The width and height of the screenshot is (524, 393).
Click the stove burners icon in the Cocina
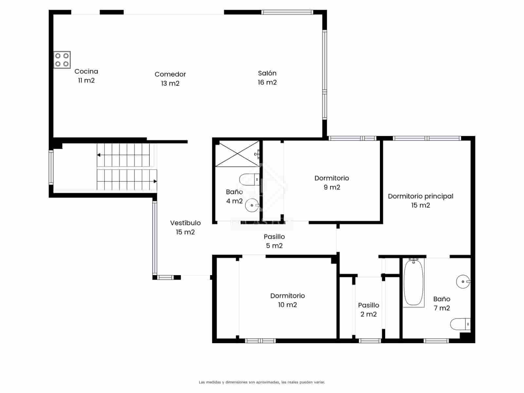tap(62, 60)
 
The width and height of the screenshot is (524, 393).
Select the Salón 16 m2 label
tap(267, 78)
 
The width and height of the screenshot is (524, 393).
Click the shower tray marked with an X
tap(237, 154)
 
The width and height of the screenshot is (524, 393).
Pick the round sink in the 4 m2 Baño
tap(252, 205)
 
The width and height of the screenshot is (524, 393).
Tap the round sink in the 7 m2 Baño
tap(463, 281)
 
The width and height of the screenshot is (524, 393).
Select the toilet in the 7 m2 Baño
tap(460, 324)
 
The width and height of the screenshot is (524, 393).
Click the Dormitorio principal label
tap(421, 200)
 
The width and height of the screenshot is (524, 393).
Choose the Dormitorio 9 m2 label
tap(331, 182)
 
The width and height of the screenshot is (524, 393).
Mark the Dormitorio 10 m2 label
tap(287, 300)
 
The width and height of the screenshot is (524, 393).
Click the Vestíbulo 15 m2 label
tap(185, 227)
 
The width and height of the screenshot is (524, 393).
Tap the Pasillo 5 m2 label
tap(274, 241)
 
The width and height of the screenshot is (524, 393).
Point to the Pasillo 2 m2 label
tap(368, 309)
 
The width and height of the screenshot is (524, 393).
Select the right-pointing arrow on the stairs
tap(155, 181)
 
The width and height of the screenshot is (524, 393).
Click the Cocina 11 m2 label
tap(86, 76)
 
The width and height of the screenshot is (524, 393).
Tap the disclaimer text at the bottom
tap(262, 382)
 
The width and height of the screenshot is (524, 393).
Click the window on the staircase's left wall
tap(51, 167)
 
